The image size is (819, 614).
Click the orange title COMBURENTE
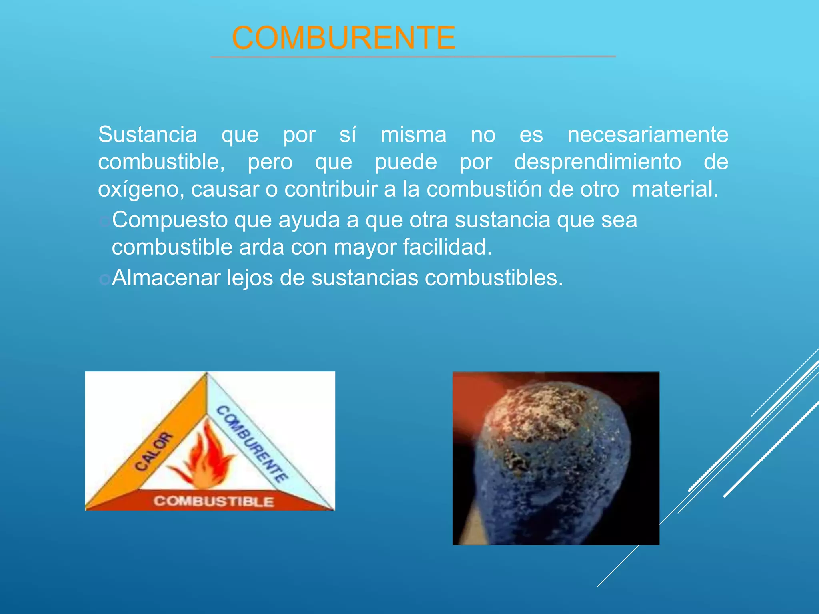click(344, 38)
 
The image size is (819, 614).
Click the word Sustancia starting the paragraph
click(148, 134)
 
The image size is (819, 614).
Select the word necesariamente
click(648, 134)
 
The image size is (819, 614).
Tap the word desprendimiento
click(597, 162)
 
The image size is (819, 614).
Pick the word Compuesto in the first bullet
click(170, 220)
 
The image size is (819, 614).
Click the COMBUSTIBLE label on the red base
click(214, 501)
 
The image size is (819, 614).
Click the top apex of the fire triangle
click(207, 375)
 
